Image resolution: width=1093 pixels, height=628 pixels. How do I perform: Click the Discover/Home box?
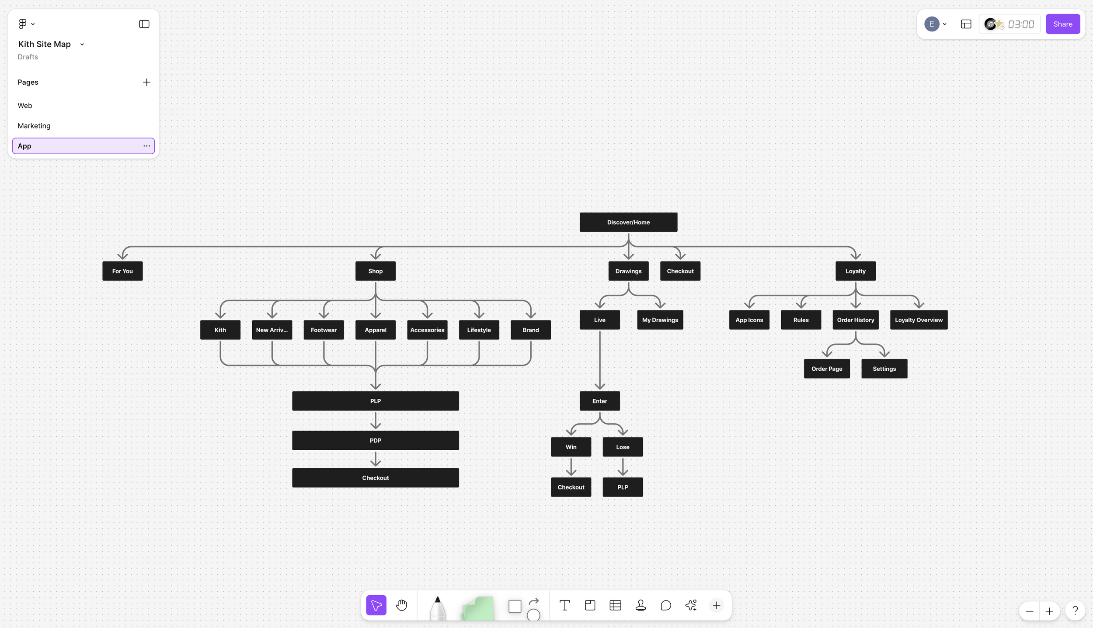click(628, 222)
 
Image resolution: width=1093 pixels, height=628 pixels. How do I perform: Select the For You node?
click(122, 271)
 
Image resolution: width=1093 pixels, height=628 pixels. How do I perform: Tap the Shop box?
click(375, 271)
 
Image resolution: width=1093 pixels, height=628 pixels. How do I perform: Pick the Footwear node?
click(324, 330)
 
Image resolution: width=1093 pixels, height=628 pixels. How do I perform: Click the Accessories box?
click(427, 330)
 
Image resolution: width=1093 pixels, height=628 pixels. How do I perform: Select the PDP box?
click(375, 441)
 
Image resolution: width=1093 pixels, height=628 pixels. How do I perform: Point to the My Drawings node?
click(660, 320)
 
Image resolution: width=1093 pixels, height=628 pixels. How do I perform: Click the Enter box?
click(599, 401)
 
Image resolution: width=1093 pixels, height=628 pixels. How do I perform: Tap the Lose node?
click(623, 447)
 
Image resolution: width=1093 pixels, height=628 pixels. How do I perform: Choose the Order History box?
click(855, 320)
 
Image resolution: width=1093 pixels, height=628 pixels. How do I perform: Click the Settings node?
click(884, 369)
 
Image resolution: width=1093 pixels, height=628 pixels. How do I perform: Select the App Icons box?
click(749, 320)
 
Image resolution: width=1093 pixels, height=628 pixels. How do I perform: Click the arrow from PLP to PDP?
click(376, 421)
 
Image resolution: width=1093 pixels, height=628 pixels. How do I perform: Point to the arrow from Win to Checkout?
click(571, 467)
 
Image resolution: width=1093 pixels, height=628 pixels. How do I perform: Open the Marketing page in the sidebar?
click(34, 126)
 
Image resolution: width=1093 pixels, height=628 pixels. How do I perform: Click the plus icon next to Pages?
click(146, 82)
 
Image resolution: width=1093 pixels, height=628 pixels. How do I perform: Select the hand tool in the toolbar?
click(401, 605)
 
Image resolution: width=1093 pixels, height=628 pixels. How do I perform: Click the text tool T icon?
click(564, 605)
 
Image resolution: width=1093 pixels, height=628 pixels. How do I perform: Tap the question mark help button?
click(1075, 611)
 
